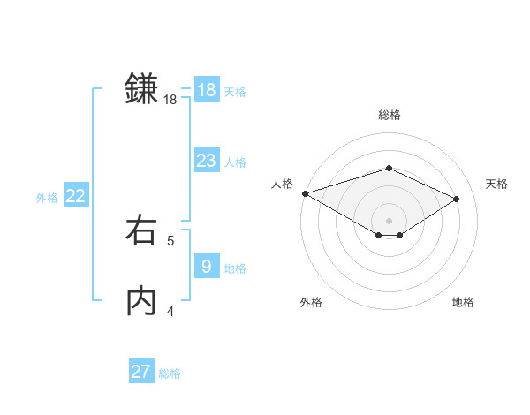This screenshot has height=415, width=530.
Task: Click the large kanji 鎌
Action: point(141,89)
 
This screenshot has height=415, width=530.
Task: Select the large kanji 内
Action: point(141,301)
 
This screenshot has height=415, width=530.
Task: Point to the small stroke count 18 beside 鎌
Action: point(170,101)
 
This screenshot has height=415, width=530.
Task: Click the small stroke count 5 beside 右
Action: point(170,240)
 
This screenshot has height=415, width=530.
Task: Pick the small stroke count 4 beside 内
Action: point(170,311)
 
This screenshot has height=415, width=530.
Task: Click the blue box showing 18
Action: point(207,90)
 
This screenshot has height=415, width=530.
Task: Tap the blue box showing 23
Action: point(207,161)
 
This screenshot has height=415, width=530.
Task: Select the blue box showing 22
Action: point(76,197)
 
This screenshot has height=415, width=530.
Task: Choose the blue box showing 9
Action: point(207,266)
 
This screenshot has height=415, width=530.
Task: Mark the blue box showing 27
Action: point(141,372)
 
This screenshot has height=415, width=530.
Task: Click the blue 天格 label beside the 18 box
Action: point(235,92)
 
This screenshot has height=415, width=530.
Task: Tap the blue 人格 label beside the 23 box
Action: point(235,162)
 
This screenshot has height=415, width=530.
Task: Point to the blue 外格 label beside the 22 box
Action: point(47,199)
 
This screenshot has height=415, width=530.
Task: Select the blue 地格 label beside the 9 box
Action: point(235,268)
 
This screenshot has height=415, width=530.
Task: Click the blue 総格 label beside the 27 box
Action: point(170,373)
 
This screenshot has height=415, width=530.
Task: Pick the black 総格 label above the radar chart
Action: point(390,115)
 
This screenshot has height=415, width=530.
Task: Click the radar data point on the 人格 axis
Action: point(305,193)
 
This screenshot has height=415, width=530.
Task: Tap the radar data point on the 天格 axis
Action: point(457,199)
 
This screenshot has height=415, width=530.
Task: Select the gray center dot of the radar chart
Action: point(390,220)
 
